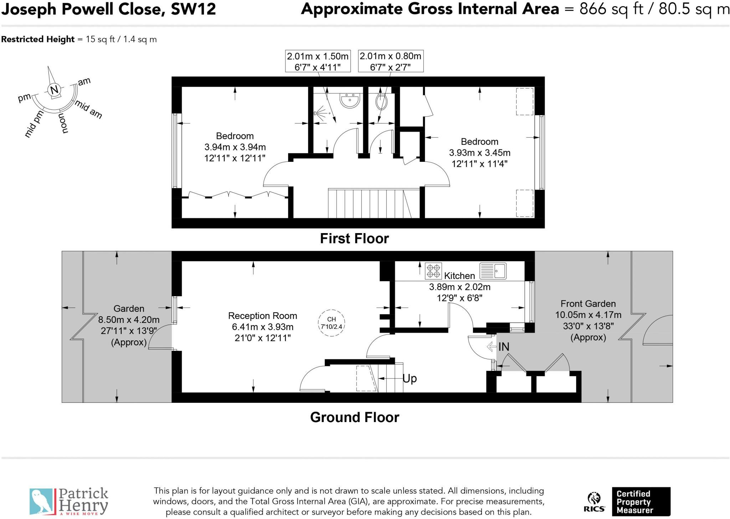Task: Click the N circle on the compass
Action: click(54, 90)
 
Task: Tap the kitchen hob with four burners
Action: click(433, 271)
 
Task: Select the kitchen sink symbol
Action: click(493, 271)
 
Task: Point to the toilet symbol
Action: click(381, 101)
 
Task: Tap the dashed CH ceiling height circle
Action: click(331, 323)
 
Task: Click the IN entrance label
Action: click(504, 346)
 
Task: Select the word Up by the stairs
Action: click(410, 379)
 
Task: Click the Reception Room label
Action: click(263, 316)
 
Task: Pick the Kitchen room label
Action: click(459, 276)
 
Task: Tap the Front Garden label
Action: click(588, 304)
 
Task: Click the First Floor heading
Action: click(354, 238)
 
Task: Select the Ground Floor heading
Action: click(355, 417)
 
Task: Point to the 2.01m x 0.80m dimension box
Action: click(391, 61)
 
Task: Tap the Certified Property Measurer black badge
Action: click(641, 502)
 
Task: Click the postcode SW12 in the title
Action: click(193, 9)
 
